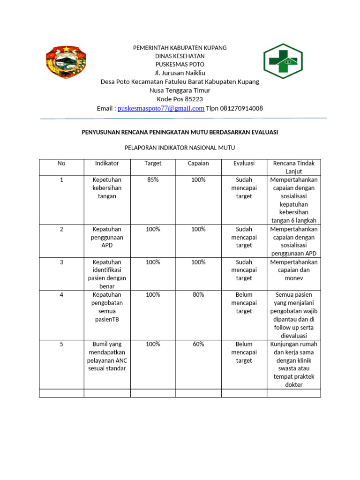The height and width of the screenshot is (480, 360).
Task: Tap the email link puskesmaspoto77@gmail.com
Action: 161,108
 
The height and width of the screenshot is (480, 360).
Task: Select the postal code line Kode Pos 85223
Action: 180,99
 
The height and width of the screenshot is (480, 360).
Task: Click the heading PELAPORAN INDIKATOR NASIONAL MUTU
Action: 180,148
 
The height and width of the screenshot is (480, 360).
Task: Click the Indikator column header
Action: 107,164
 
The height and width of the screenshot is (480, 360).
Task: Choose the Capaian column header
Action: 198,164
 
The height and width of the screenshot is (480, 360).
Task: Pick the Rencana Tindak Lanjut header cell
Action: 294,167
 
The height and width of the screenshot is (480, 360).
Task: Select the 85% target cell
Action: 153,180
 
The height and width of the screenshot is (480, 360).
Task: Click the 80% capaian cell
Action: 198,295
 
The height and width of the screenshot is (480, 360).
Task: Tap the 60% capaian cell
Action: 198,344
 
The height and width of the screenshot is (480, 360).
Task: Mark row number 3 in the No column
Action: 61,262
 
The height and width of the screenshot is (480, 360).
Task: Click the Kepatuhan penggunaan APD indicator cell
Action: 107,237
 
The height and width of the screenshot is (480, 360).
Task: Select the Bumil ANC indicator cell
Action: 107,356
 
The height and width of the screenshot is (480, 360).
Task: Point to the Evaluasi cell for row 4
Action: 244,303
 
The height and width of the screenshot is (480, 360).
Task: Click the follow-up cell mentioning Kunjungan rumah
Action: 294,364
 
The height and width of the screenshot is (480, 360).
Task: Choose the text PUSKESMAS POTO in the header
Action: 180,64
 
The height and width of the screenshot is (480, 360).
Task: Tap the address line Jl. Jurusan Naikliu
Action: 180,73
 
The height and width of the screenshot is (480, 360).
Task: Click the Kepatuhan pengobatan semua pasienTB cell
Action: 107,307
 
